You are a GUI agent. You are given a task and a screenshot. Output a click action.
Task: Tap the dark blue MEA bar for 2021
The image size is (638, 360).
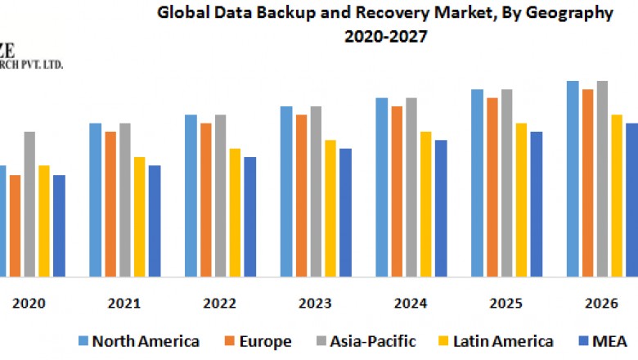[155, 220]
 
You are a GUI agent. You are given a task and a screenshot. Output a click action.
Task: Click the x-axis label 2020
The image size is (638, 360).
[29, 304]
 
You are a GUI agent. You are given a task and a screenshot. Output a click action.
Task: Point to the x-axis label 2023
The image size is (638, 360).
[314, 304]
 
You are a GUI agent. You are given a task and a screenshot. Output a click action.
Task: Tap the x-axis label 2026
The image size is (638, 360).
[600, 304]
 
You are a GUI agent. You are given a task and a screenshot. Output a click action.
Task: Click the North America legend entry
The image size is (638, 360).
[139, 341]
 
